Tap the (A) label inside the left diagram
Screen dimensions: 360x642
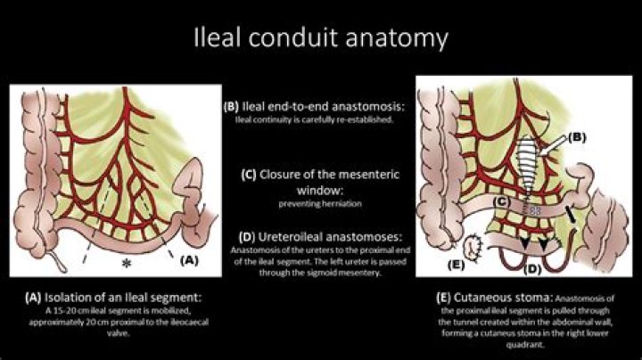pyautogui.click(x=189, y=260)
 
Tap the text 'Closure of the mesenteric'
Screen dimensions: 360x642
pyautogui.click(x=324, y=175)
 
